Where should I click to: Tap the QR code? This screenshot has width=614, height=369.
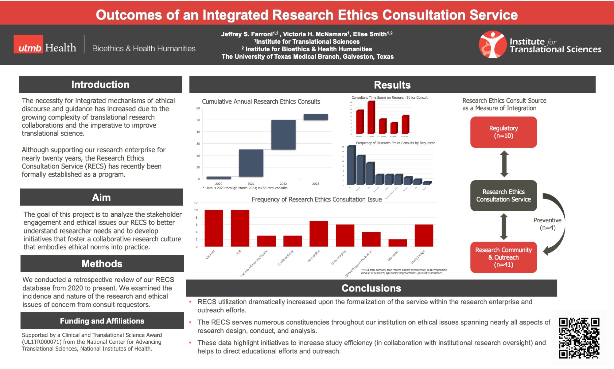click(579, 338)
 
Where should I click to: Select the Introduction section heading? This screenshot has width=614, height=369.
click(100, 85)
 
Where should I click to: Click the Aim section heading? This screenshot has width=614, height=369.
click(101, 197)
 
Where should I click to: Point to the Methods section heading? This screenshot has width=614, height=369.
click(102, 264)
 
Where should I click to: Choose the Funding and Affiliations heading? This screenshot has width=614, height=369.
click(102, 321)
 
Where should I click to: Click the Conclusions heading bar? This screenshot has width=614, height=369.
click(371, 288)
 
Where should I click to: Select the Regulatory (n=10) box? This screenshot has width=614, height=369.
click(503, 132)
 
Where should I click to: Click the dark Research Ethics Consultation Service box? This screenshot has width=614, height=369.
click(503, 196)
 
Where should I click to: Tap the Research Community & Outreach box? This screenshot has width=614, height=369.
click(503, 257)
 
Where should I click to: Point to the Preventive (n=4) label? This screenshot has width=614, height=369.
click(547, 224)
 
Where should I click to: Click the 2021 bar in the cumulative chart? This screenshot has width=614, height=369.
click(251, 163)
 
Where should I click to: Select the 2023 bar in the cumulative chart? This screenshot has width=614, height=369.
click(316, 117)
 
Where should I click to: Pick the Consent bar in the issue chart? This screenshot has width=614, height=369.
click(214, 228)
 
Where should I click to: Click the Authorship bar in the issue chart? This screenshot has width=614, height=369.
click(319, 234)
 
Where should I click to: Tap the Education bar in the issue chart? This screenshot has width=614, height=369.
click(398, 243)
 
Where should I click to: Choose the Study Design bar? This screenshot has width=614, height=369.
click(424, 236)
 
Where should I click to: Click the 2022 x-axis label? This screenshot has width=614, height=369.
click(283, 184)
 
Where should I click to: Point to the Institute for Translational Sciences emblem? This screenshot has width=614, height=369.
click(492, 44)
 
